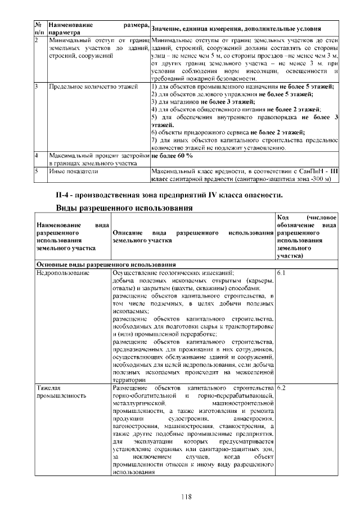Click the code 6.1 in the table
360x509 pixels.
[282, 272]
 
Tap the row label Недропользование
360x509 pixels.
[63, 272]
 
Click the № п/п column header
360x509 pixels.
[39, 29]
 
